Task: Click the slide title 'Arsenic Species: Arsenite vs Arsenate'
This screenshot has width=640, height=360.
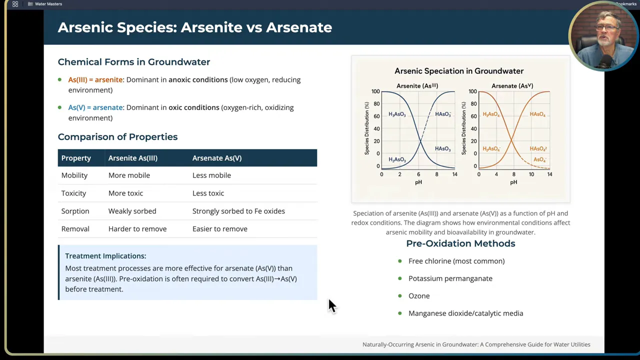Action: (x=194, y=27)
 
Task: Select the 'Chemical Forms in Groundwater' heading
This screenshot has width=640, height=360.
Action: (x=133, y=62)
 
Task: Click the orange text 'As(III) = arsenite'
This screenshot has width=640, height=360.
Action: (x=95, y=79)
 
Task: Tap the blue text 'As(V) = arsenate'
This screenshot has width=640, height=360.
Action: (x=95, y=107)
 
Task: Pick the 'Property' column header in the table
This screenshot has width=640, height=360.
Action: (x=76, y=158)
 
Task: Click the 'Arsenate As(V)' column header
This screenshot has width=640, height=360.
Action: (x=216, y=158)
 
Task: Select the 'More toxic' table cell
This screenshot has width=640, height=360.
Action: (x=125, y=193)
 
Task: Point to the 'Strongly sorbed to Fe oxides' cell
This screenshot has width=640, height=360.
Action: (x=238, y=211)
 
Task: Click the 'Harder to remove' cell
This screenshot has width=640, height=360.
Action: (x=137, y=229)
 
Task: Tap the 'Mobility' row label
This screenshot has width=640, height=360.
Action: (x=74, y=175)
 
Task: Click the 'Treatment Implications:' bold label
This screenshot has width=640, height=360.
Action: (x=105, y=256)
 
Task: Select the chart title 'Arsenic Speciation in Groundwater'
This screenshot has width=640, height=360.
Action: (x=458, y=71)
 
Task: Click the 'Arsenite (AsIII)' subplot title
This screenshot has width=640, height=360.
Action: (x=417, y=86)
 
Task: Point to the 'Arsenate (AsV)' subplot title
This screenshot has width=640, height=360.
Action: (x=511, y=86)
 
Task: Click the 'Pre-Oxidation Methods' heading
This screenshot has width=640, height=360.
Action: (x=460, y=243)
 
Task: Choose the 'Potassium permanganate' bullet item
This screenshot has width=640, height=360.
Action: (x=450, y=278)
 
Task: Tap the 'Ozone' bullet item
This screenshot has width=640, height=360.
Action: (x=418, y=296)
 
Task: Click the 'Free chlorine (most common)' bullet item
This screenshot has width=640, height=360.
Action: (x=456, y=261)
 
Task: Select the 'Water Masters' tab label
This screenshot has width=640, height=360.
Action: (x=48, y=4)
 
